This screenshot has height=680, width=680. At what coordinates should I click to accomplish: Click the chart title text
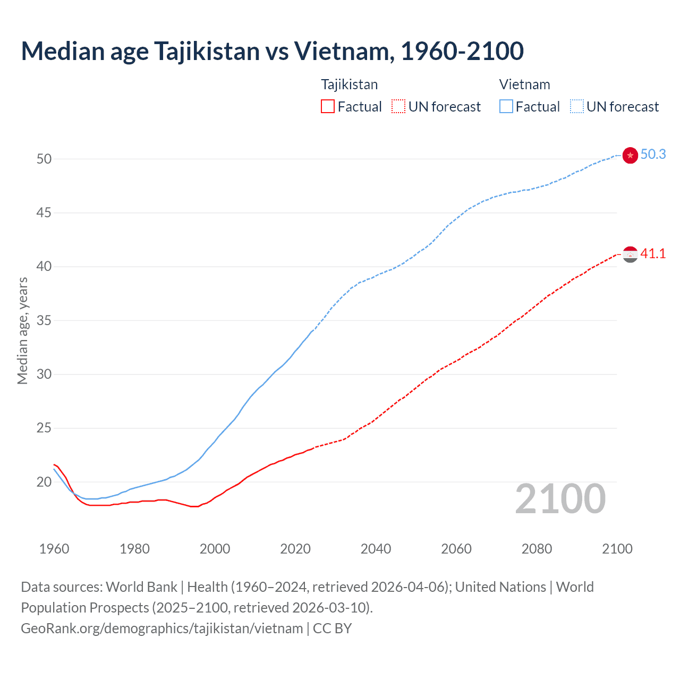[x=272, y=51]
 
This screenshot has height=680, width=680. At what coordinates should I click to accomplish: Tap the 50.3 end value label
[x=653, y=154]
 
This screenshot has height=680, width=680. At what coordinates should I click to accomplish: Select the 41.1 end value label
[x=653, y=253]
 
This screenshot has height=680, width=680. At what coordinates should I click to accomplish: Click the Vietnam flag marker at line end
[x=630, y=155]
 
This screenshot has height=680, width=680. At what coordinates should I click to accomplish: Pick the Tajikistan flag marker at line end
[x=630, y=254]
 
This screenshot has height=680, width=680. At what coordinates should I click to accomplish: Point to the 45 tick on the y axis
[x=44, y=213]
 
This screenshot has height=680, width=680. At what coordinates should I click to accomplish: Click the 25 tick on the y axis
[x=44, y=428]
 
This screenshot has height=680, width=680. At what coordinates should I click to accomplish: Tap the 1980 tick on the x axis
[x=134, y=549]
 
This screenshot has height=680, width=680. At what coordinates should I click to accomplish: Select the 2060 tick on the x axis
[x=456, y=549]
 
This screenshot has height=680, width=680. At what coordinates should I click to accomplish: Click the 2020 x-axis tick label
[x=295, y=549]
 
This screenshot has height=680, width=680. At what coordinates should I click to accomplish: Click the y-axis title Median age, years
[x=22, y=330]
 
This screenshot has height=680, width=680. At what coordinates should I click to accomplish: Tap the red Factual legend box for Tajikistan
[x=328, y=107]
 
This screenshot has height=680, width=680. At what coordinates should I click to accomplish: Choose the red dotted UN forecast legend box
[x=398, y=107]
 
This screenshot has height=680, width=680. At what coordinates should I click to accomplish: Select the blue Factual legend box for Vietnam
[x=506, y=107]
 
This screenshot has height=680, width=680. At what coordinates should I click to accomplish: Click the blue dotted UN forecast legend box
[x=576, y=107]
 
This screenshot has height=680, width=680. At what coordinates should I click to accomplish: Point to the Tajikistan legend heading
[x=349, y=84]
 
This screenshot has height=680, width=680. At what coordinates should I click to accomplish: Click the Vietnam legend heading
[x=524, y=84]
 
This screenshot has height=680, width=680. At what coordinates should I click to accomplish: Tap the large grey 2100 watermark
[x=560, y=498]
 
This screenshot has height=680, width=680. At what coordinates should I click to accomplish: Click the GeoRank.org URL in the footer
[x=161, y=628]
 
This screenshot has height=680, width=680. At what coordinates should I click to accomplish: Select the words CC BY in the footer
[x=332, y=628]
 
